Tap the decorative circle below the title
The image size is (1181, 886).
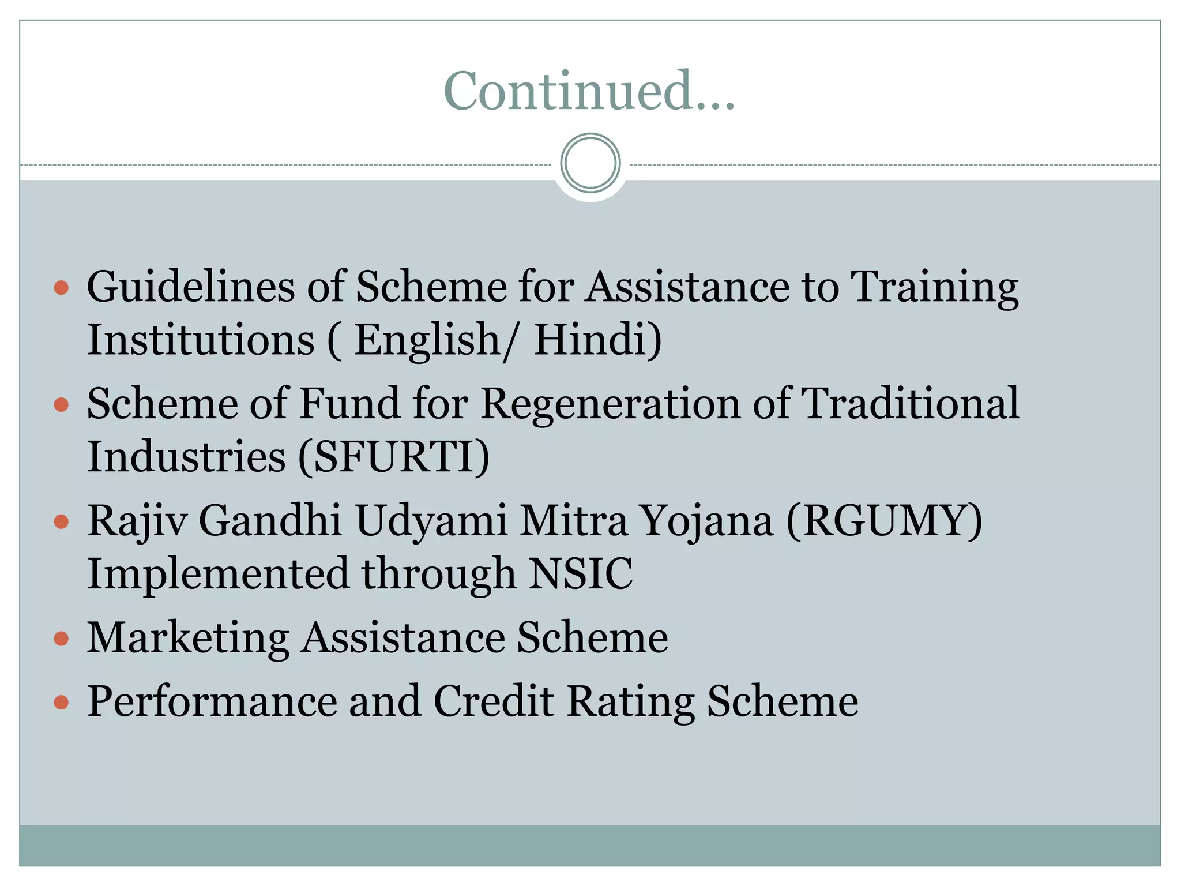pyautogui.click(x=590, y=163)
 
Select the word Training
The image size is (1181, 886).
pyautogui.click(x=935, y=287)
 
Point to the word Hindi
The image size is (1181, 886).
pyautogui.click(x=597, y=339)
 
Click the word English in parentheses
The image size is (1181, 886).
pyautogui.click(x=427, y=339)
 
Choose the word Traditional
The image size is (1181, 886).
pyautogui.click(x=911, y=403)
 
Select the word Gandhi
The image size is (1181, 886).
pyautogui.click(x=270, y=521)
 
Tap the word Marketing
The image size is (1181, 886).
pyautogui.click(x=188, y=638)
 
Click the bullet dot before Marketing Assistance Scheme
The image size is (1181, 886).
pyautogui.click(x=61, y=639)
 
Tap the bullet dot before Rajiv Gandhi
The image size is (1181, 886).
pyautogui.click(x=61, y=522)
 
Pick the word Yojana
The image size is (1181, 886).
pyautogui.click(x=706, y=521)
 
